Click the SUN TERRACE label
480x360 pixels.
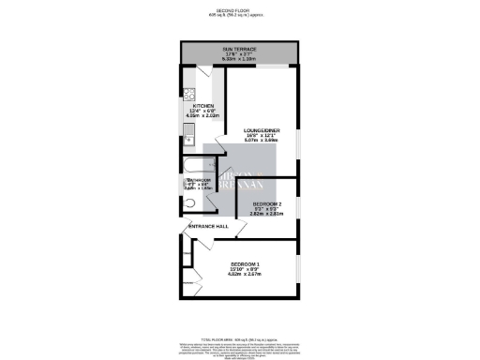(x=239, y=47)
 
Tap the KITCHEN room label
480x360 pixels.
(x=203, y=105)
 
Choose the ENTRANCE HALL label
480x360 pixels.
(x=209, y=227)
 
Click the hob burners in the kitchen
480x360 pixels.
(x=188, y=94)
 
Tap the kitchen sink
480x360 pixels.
(x=188, y=131)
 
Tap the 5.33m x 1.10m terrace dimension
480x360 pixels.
(x=239, y=58)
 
